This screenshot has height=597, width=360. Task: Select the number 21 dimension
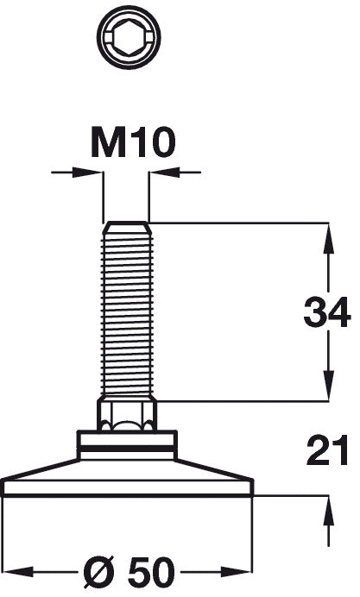[326, 450]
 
